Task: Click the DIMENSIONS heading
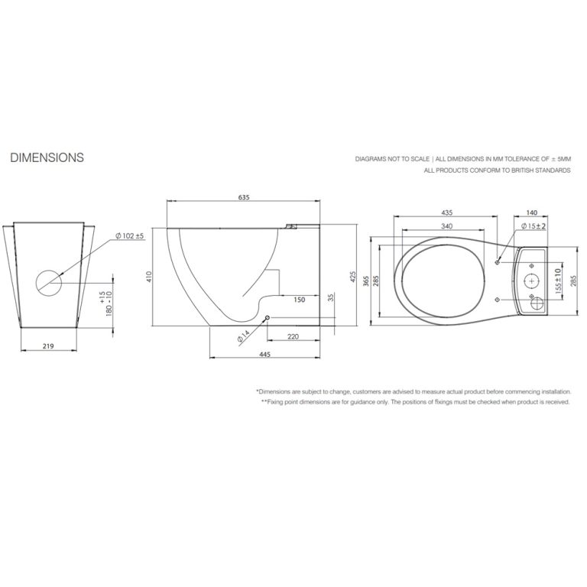47,157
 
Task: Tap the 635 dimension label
244,197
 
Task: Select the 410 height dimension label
149,277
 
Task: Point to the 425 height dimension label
352,277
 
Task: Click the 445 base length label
264,354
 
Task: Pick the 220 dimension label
293,336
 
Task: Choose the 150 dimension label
299,300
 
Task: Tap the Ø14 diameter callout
243,336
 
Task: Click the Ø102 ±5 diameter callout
130,236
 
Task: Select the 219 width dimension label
48,346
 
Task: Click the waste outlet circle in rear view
49,282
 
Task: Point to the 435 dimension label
446,212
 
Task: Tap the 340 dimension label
446,225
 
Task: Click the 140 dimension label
532,212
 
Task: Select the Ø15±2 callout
533,226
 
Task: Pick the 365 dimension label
366,281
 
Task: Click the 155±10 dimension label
558,281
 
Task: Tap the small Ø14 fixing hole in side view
267,318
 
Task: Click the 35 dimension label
330,297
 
